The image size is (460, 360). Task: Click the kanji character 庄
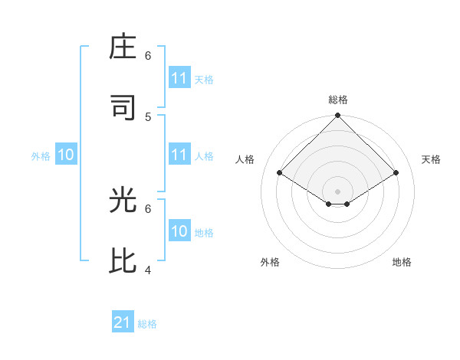124,49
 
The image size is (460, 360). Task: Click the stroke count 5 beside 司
148,116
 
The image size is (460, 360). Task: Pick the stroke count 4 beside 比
148,270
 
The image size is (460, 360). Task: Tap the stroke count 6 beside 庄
148,56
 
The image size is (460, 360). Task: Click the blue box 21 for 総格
123,322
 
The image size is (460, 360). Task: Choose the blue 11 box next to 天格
179,78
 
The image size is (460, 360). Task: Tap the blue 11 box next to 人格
179,155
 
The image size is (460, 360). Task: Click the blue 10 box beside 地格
179,231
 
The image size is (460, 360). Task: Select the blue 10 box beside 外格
66,155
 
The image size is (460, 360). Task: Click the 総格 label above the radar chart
338,100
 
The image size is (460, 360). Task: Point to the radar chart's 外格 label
270,262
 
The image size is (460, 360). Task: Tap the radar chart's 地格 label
402,262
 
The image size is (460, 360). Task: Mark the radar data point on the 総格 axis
337,116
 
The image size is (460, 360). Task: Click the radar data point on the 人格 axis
280,173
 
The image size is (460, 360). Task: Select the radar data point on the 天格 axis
396,173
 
